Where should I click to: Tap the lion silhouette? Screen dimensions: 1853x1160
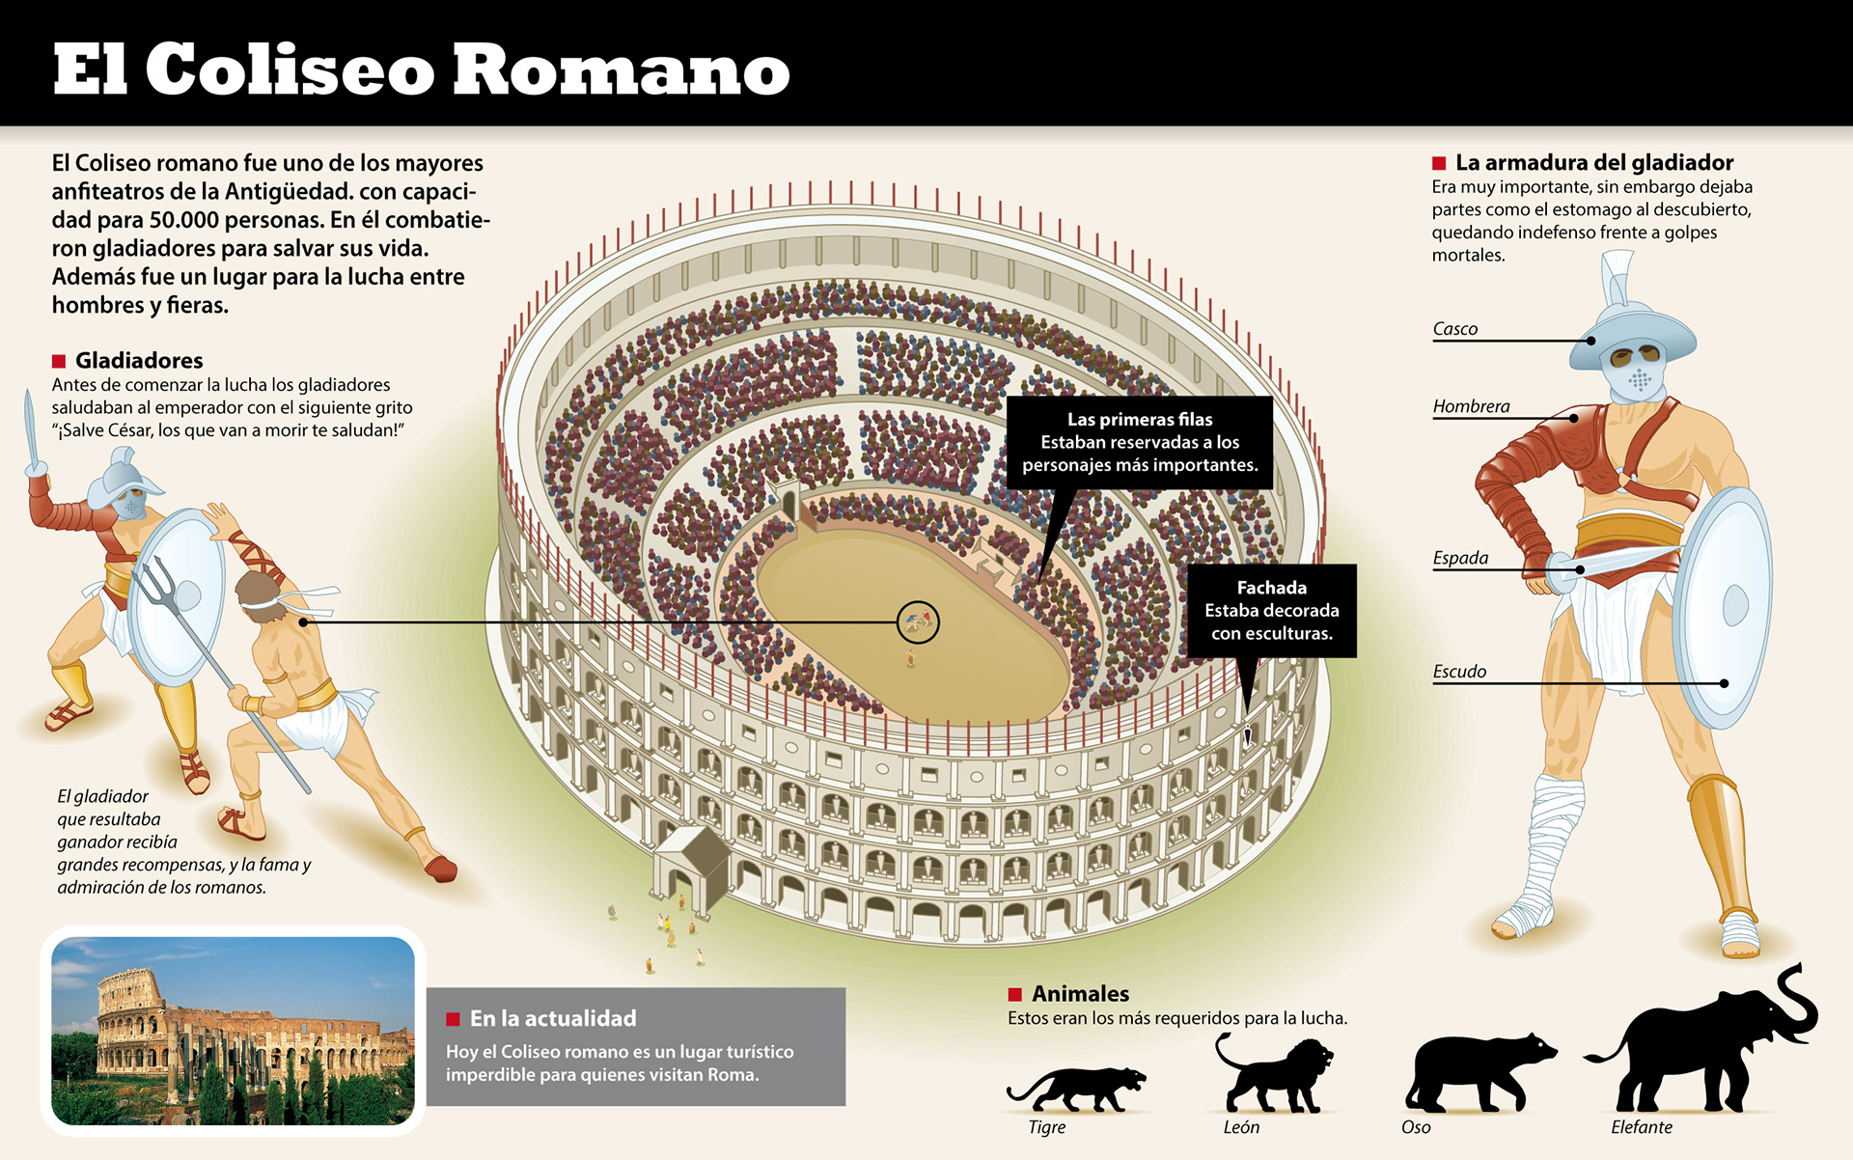[x=1274, y=1076]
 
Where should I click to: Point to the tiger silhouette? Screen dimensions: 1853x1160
[x=1076, y=1088]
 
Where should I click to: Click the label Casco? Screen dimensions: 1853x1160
[x=1454, y=329]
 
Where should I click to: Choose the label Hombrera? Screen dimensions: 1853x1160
[x=1471, y=406]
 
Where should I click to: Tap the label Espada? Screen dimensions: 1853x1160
[x=1460, y=558]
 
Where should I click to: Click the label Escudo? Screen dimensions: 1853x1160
[x=1459, y=672]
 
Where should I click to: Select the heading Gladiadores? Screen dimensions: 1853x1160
[x=139, y=361]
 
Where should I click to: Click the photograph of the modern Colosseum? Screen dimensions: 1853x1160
[x=233, y=1031]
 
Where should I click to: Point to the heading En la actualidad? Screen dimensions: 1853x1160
[x=553, y=1018]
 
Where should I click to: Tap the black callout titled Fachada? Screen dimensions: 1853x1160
[x=1271, y=610]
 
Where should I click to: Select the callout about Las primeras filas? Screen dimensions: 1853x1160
[x=1139, y=442]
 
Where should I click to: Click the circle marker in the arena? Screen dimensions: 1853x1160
[x=918, y=622]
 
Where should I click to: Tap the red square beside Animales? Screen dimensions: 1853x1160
[x=1014, y=994]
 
